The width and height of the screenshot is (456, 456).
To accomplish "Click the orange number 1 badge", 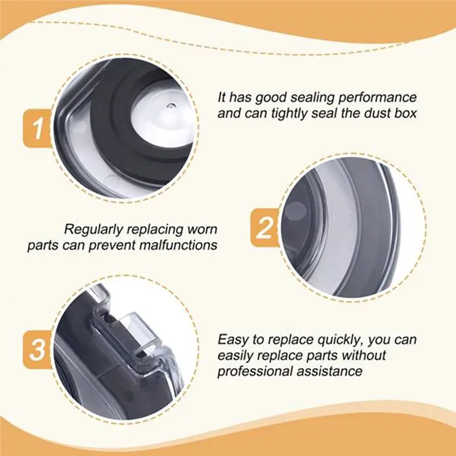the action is (x=37, y=128).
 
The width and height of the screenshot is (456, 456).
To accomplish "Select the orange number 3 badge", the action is (x=37, y=349).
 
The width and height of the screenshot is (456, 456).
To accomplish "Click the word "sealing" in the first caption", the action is (x=312, y=97).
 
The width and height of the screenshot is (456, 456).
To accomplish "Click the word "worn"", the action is (x=202, y=230).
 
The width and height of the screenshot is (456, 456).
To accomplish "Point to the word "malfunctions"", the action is (x=178, y=245).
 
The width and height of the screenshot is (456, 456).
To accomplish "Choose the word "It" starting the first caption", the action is (x=222, y=97).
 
